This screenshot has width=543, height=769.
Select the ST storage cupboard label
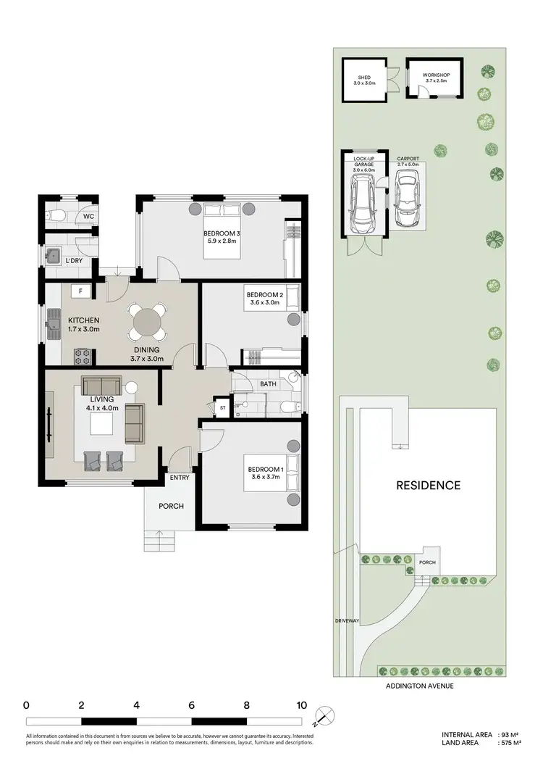(x=222, y=408)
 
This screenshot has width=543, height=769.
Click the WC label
(x=88, y=216)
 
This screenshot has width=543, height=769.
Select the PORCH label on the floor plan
(x=172, y=506)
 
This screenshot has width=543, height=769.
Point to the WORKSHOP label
(x=437, y=75)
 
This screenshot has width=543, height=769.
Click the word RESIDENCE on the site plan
(x=427, y=485)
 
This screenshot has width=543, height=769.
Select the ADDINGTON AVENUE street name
(x=419, y=686)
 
